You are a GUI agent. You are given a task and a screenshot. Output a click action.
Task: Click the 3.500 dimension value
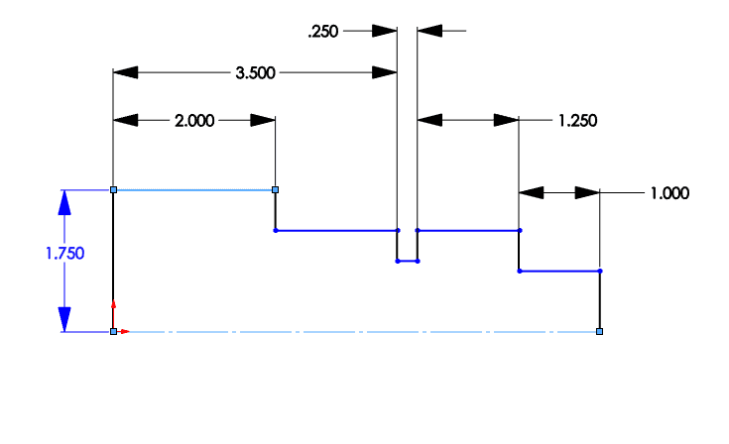(x=255, y=73)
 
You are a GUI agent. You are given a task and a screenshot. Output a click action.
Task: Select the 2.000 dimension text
(x=194, y=121)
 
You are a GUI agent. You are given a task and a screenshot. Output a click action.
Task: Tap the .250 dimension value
(x=323, y=32)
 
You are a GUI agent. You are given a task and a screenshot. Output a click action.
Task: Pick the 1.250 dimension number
(x=577, y=121)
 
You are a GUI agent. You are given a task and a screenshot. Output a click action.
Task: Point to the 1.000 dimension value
(x=669, y=193)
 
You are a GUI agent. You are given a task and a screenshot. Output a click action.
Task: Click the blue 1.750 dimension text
(x=65, y=254)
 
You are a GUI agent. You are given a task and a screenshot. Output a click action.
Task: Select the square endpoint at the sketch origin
(x=113, y=332)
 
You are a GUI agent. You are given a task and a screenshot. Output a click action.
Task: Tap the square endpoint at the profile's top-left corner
(x=113, y=190)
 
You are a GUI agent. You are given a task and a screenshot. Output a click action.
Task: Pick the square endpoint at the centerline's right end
(x=600, y=332)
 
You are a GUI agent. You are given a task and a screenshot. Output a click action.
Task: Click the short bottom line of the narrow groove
(x=408, y=262)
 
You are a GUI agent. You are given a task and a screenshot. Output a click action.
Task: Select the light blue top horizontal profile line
(x=194, y=190)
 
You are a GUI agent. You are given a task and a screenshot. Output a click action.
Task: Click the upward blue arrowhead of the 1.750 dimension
(x=64, y=202)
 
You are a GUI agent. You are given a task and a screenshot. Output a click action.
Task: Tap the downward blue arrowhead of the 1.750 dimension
(x=64, y=319)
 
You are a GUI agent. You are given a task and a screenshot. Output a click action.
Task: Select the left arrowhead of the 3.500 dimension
(x=126, y=73)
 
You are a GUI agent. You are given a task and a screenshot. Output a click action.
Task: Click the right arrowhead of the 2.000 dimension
(x=263, y=121)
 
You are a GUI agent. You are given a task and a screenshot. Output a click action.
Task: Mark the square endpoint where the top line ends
(x=276, y=190)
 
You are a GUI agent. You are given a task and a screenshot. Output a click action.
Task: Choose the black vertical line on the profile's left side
(x=113, y=261)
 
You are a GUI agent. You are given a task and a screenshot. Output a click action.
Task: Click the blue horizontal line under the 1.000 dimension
(x=559, y=272)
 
